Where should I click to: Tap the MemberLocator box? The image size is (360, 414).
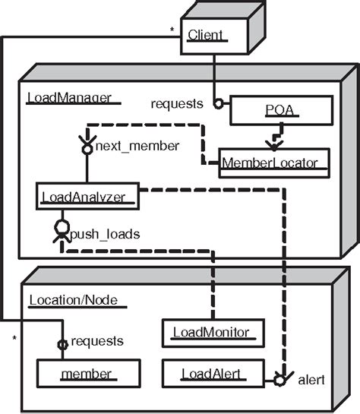[x=274, y=161]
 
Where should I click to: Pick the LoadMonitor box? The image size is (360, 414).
[x=215, y=331]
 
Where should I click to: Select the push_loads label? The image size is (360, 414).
[x=105, y=235]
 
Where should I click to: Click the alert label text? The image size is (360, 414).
[x=311, y=378]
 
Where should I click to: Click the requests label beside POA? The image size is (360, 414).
[x=177, y=104]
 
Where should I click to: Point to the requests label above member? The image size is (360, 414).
[x=97, y=341]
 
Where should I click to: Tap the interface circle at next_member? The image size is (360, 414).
[x=87, y=150]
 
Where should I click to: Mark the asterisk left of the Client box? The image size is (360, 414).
[x=172, y=31]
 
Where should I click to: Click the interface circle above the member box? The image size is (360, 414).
[x=64, y=344]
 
